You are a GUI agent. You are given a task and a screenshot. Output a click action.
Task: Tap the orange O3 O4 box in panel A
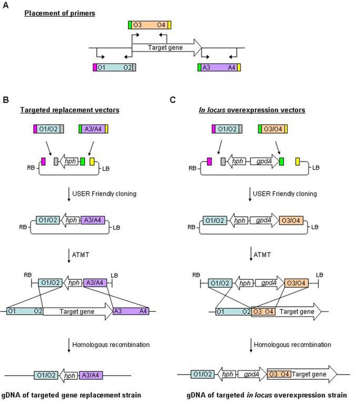(150, 25)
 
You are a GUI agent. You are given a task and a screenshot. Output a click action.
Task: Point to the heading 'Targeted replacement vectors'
(61, 110)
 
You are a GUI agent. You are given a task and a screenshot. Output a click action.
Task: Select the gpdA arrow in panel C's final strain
(251, 375)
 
